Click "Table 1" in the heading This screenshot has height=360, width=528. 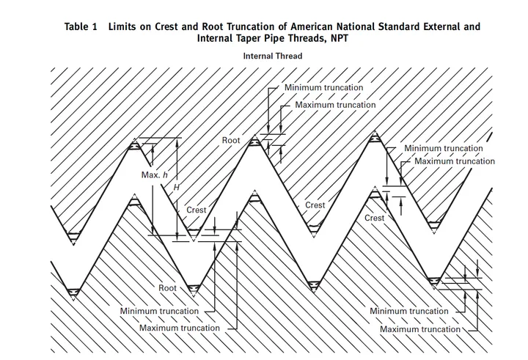click(x=81, y=26)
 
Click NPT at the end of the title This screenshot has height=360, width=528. click(x=339, y=38)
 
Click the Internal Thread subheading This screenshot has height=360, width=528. click(x=272, y=56)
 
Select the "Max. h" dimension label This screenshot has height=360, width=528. click(x=154, y=175)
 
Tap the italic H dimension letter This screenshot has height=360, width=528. click(x=177, y=187)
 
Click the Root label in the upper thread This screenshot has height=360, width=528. click(x=231, y=140)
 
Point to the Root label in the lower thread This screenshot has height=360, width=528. click(x=167, y=288)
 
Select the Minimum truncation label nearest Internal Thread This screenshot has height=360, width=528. click(x=323, y=87)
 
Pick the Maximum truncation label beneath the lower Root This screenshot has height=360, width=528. click(x=179, y=328)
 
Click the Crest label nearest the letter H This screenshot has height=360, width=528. click(x=196, y=210)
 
